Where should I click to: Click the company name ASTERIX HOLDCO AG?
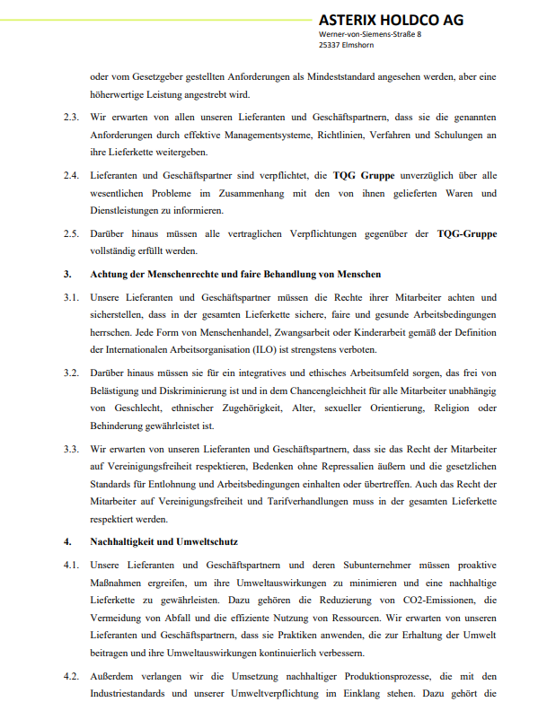pos(391,20)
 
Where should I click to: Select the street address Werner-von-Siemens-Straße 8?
pos(370,34)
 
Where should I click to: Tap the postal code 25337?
pos(330,45)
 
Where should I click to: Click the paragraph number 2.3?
pos(71,118)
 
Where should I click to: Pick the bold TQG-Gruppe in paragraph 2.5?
pos(466,233)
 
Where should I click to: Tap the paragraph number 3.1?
pos(71,296)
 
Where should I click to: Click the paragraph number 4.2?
pos(71,677)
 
